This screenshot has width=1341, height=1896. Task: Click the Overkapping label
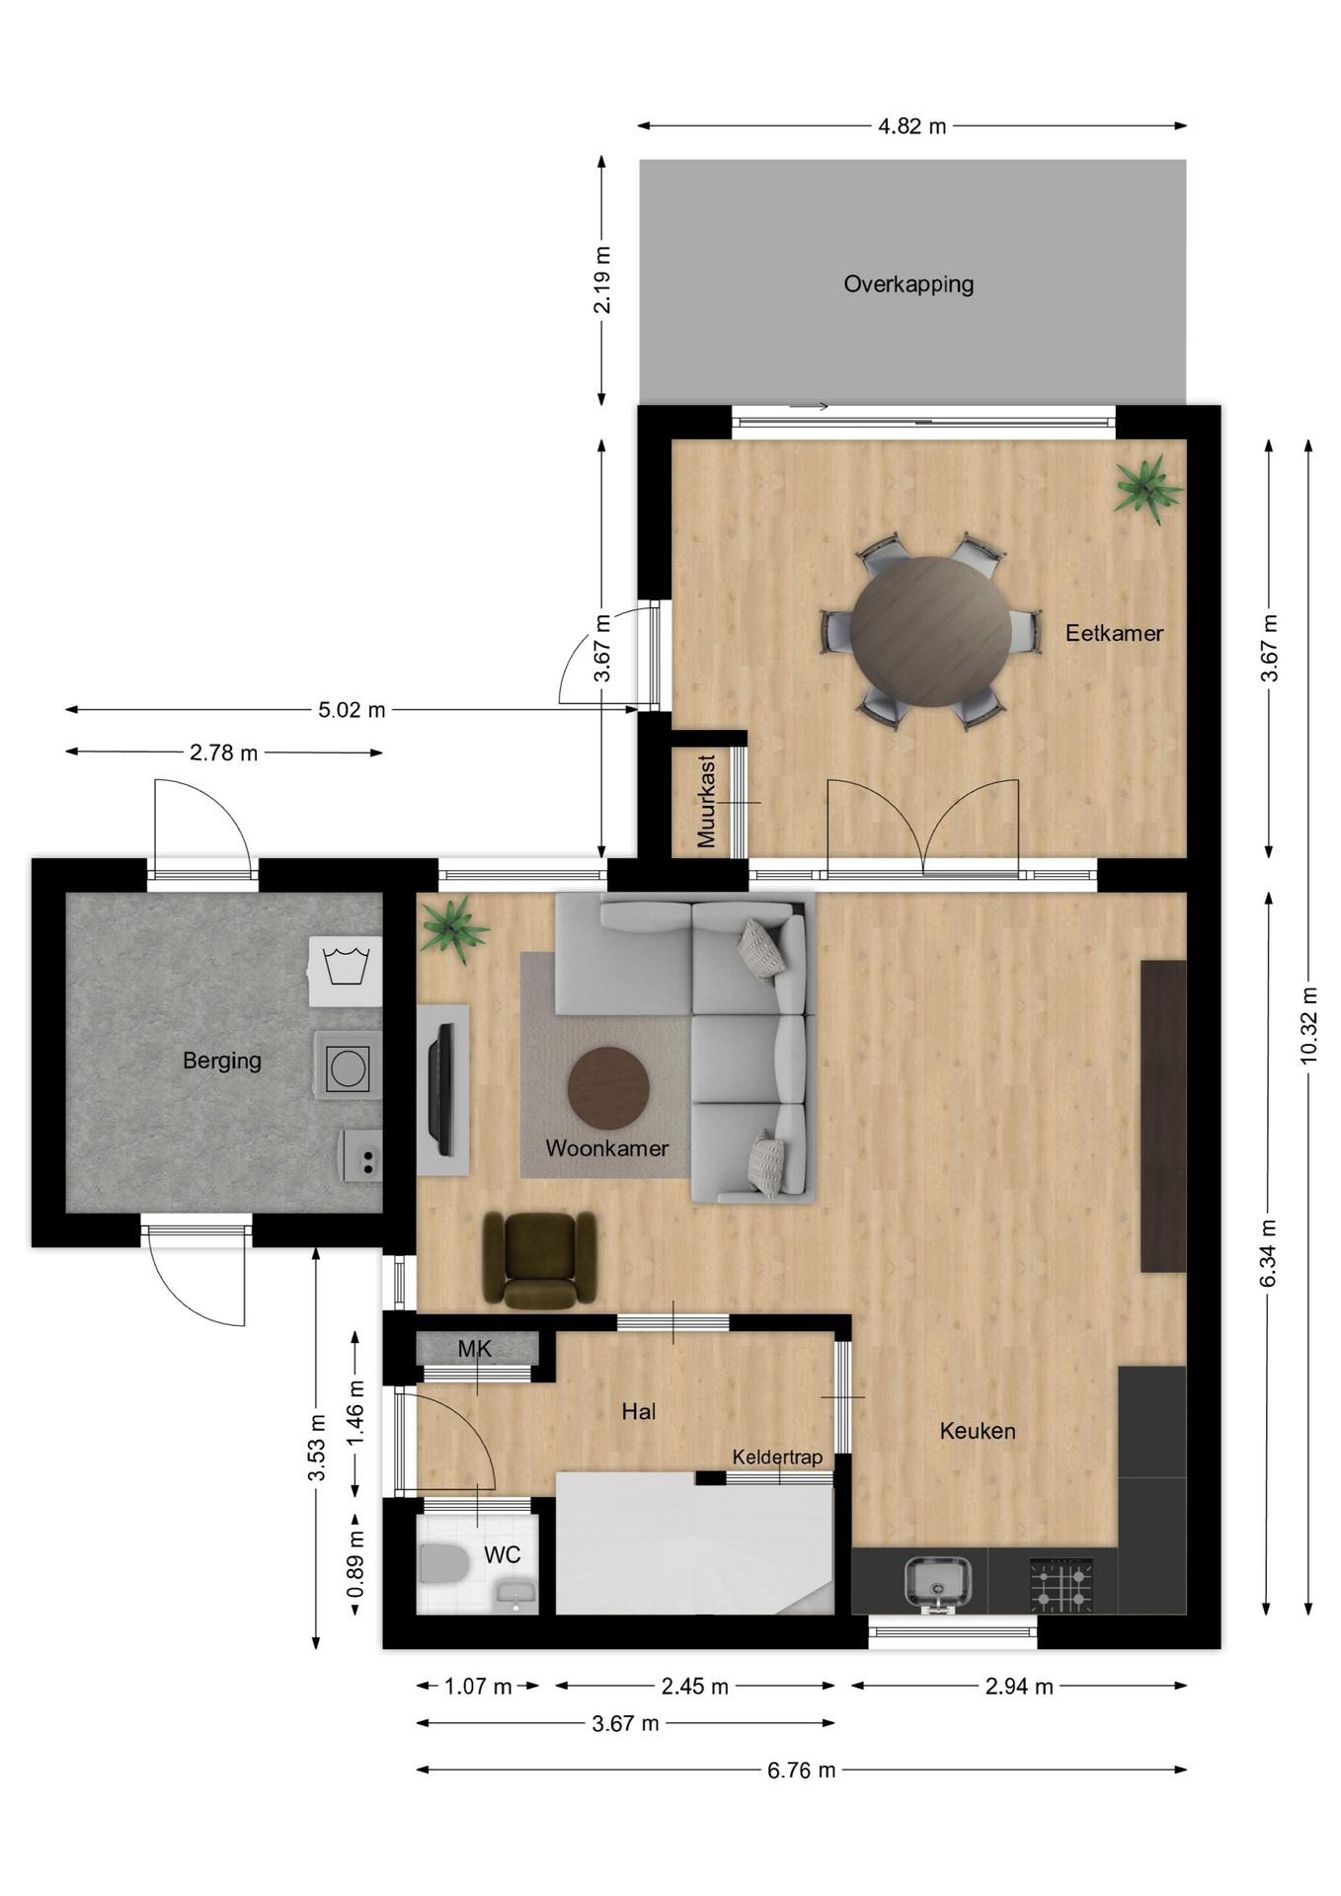[x=908, y=284]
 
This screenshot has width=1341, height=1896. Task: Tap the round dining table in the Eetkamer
[x=930, y=632]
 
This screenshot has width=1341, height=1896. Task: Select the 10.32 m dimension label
[x=1308, y=1025]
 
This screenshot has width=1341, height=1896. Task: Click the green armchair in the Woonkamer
[x=539, y=1259]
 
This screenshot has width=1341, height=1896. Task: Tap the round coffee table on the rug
[x=608, y=1088]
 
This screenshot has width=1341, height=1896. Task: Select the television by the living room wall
[x=441, y=1089]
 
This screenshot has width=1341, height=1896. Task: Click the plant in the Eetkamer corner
[x=1145, y=486]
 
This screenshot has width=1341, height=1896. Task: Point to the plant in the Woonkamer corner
[x=452, y=928]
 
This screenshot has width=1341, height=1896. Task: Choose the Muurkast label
[x=706, y=801]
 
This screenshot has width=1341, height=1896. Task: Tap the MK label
[x=474, y=1349]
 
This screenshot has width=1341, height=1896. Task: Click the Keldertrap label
[x=777, y=1458]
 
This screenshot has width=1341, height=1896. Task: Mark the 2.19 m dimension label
[x=601, y=280]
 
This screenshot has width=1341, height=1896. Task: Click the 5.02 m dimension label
[x=352, y=710]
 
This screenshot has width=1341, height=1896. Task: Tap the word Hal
[x=639, y=1412]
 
